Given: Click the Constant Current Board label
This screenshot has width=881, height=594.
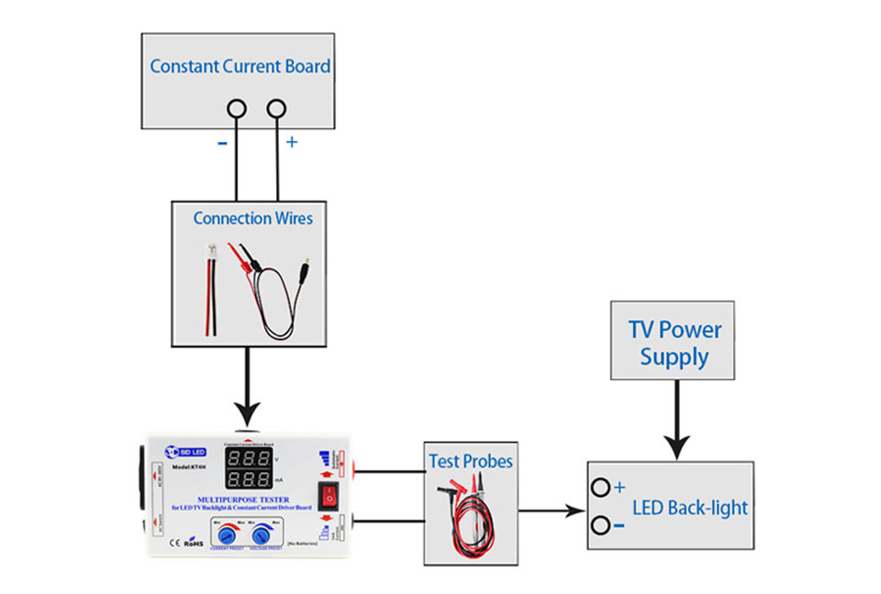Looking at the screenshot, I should [240, 66].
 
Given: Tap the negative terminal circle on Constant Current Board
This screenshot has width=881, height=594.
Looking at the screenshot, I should [237, 108].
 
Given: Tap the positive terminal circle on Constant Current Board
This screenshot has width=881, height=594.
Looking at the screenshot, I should [277, 108].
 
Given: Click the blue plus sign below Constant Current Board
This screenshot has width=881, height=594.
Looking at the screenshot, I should [292, 143].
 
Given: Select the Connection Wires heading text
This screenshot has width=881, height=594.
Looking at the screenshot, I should [252, 218].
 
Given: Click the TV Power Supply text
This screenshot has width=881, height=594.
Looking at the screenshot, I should [675, 343].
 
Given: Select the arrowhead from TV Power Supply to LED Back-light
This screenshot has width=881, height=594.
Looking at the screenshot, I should [676, 446].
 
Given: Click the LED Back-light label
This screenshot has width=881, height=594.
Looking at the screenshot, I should [690, 508].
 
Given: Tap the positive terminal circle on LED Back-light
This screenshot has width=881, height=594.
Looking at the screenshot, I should [600, 488].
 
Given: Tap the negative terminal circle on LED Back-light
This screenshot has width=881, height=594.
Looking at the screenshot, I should [600, 525].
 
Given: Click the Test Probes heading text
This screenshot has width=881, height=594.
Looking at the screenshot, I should [471, 461].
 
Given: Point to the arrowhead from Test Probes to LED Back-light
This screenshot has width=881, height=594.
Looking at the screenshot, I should [575, 509].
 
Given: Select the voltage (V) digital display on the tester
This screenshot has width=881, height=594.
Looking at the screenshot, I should [248, 457].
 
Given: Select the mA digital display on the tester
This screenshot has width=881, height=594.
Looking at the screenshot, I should [248, 479].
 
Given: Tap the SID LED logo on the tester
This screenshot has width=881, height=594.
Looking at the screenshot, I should [187, 451].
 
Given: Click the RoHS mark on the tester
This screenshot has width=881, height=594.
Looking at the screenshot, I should [194, 543].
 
